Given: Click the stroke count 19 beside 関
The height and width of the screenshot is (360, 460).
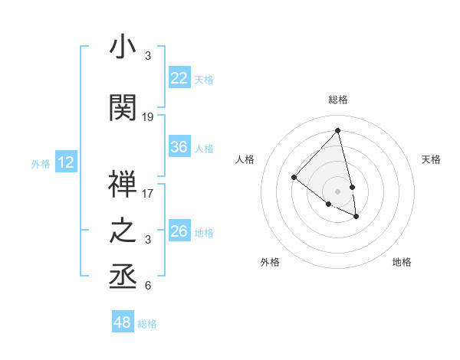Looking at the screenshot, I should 148,117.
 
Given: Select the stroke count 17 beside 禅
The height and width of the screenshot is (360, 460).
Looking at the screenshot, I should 148,193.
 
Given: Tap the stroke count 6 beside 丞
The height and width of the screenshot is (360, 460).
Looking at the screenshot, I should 148,286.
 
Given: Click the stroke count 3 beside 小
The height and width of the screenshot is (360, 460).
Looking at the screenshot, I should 148,56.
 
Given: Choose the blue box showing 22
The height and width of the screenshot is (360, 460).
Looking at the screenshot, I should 179,78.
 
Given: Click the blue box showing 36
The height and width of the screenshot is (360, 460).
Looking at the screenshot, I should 179,147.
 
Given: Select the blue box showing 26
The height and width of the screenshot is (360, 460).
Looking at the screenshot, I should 179,231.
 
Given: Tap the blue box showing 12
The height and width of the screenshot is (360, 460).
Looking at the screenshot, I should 66,162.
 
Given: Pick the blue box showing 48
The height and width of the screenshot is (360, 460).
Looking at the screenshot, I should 122,322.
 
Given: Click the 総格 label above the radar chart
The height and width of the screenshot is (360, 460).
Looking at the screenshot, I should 338,100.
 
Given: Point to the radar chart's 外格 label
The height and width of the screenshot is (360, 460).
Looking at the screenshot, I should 270,262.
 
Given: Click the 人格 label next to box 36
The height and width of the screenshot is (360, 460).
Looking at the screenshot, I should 204,148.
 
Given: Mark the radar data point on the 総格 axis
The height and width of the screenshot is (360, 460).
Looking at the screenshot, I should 337,130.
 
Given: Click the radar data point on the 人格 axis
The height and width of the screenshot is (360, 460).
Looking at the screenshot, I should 294,178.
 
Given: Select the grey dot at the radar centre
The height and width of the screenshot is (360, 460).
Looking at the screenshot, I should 337,191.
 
